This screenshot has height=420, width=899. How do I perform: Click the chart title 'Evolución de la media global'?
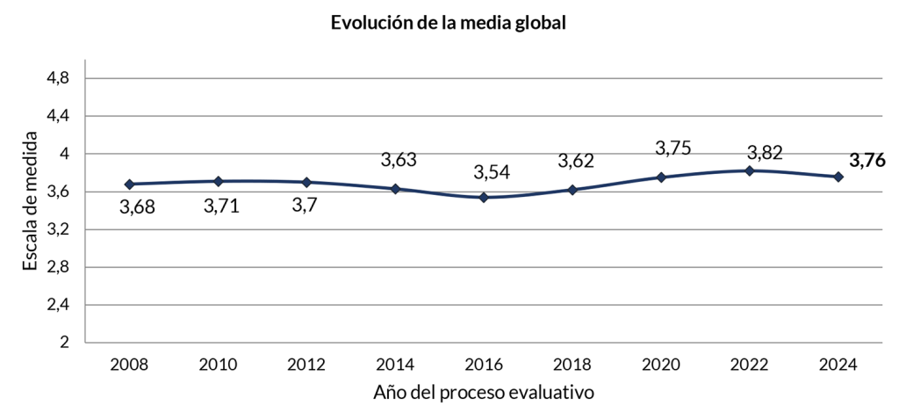pyautogui.click(x=448, y=23)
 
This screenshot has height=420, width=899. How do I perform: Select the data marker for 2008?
pyautogui.click(x=129, y=185)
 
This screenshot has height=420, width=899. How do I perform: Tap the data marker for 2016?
pyautogui.click(x=484, y=198)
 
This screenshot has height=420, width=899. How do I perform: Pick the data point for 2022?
pyautogui.click(x=749, y=170)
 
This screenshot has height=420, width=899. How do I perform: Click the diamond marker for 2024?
pyautogui.click(x=838, y=177)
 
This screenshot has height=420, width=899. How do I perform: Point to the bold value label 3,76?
pyautogui.click(x=867, y=160)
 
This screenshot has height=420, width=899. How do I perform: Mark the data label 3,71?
pyautogui.click(x=221, y=207)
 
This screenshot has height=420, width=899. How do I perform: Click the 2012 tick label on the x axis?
pyautogui.click(x=306, y=364)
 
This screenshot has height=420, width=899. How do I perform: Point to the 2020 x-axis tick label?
pyautogui.click(x=660, y=364)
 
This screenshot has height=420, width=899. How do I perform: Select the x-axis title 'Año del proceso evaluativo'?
pyautogui.click(x=484, y=393)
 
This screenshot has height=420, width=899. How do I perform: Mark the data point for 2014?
pyautogui.click(x=395, y=189)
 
